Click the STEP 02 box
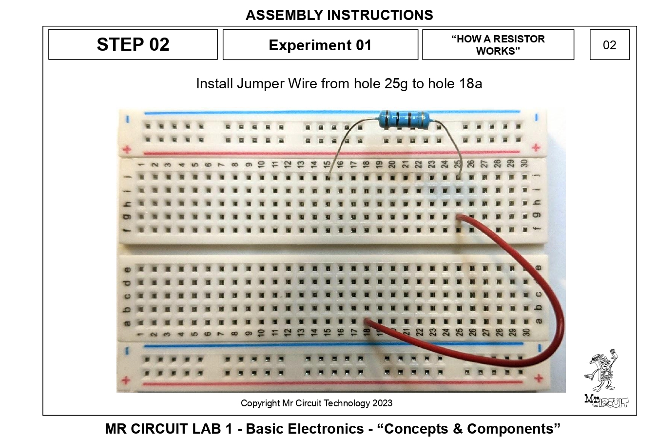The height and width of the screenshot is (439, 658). click(x=133, y=44)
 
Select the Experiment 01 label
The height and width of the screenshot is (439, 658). click(x=320, y=45)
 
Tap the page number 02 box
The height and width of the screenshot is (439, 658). click(x=609, y=45)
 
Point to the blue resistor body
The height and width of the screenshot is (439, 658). click(x=404, y=119)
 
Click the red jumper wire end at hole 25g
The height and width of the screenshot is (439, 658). click(x=459, y=216)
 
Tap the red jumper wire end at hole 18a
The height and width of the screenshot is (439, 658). click(x=367, y=321)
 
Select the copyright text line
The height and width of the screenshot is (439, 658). click(x=316, y=403)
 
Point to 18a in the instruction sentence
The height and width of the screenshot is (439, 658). click(x=470, y=84)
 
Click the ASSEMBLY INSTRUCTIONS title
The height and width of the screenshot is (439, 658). click(x=339, y=15)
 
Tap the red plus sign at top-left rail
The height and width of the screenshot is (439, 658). click(x=127, y=149)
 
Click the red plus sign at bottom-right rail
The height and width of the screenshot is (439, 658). click(x=538, y=378)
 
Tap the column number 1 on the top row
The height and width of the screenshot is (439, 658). click(x=141, y=164)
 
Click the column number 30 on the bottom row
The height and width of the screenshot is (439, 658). click(x=526, y=332)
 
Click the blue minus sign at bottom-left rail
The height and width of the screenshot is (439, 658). click(x=126, y=350)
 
